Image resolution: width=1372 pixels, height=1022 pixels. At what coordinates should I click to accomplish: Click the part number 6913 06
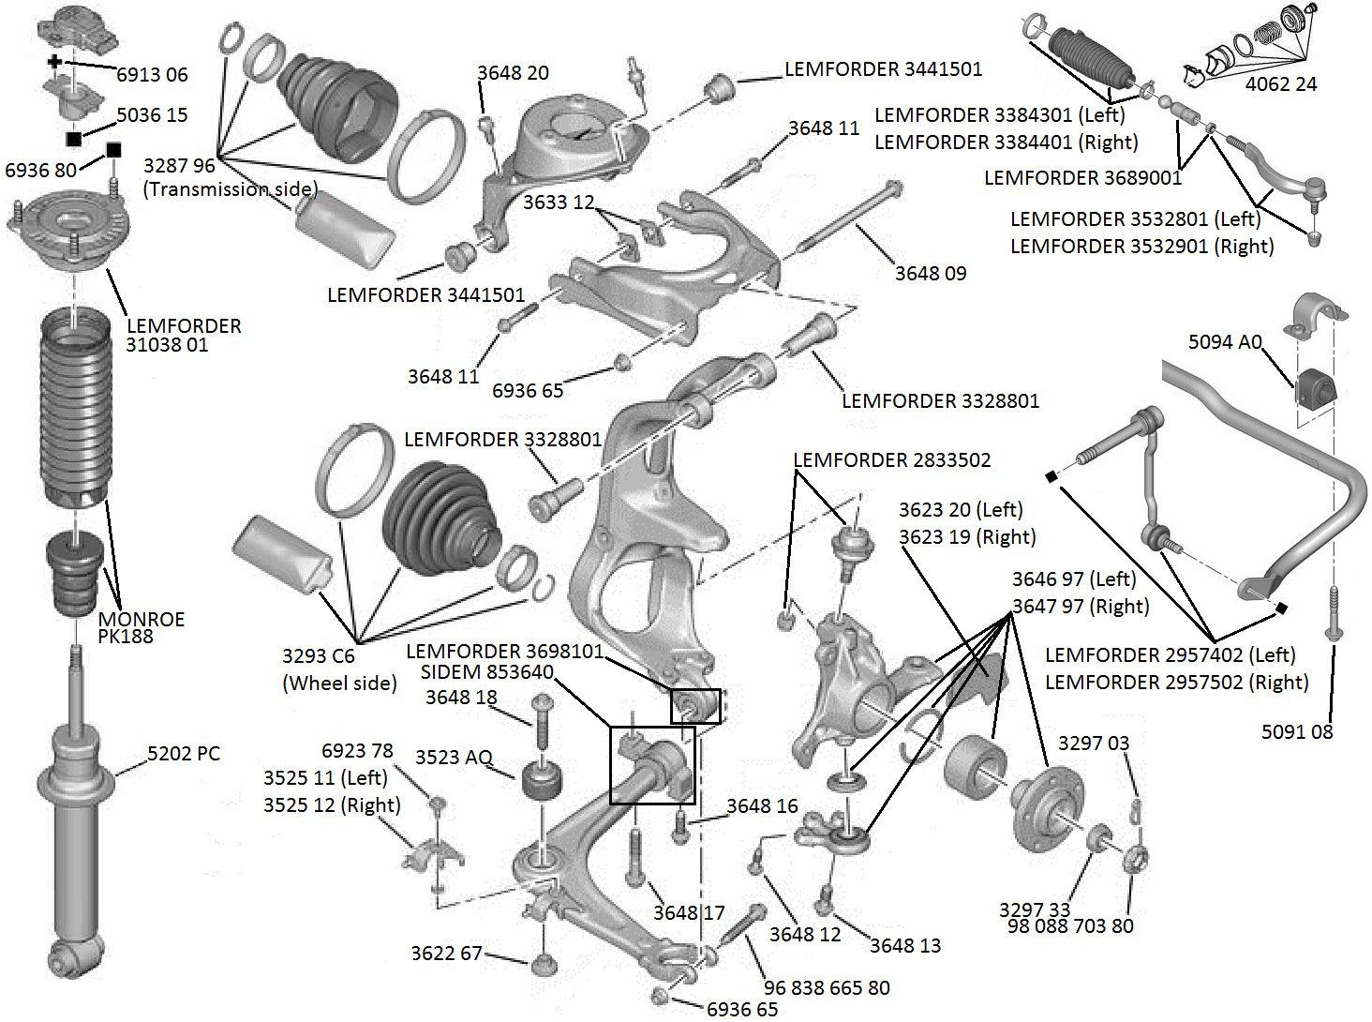[152, 74]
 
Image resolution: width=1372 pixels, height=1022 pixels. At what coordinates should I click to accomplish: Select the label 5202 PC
[184, 753]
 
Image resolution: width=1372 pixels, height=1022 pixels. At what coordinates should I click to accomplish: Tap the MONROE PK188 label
[142, 627]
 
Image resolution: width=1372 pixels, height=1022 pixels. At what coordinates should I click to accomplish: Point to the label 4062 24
[1280, 84]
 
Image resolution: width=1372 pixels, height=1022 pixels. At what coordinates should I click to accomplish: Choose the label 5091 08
[1295, 731]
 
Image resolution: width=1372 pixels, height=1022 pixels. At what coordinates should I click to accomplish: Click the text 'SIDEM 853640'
[487, 673]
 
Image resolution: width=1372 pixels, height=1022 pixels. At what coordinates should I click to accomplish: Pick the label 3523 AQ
[454, 757]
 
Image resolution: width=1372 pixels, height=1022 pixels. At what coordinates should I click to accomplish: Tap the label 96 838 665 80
[827, 987]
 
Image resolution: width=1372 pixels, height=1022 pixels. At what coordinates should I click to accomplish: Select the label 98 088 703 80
[1070, 926]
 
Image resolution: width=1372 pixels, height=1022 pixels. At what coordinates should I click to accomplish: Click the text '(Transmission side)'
[231, 188]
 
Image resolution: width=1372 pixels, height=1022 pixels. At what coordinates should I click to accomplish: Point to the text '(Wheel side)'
[339, 683]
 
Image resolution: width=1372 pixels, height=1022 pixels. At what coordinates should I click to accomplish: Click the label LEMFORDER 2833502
[891, 460]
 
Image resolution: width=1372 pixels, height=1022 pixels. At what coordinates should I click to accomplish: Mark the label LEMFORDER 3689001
[1082, 177]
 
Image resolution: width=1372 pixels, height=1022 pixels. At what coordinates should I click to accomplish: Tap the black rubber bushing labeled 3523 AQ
[544, 779]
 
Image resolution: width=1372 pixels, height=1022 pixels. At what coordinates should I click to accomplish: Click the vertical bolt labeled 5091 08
[1333, 615]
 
